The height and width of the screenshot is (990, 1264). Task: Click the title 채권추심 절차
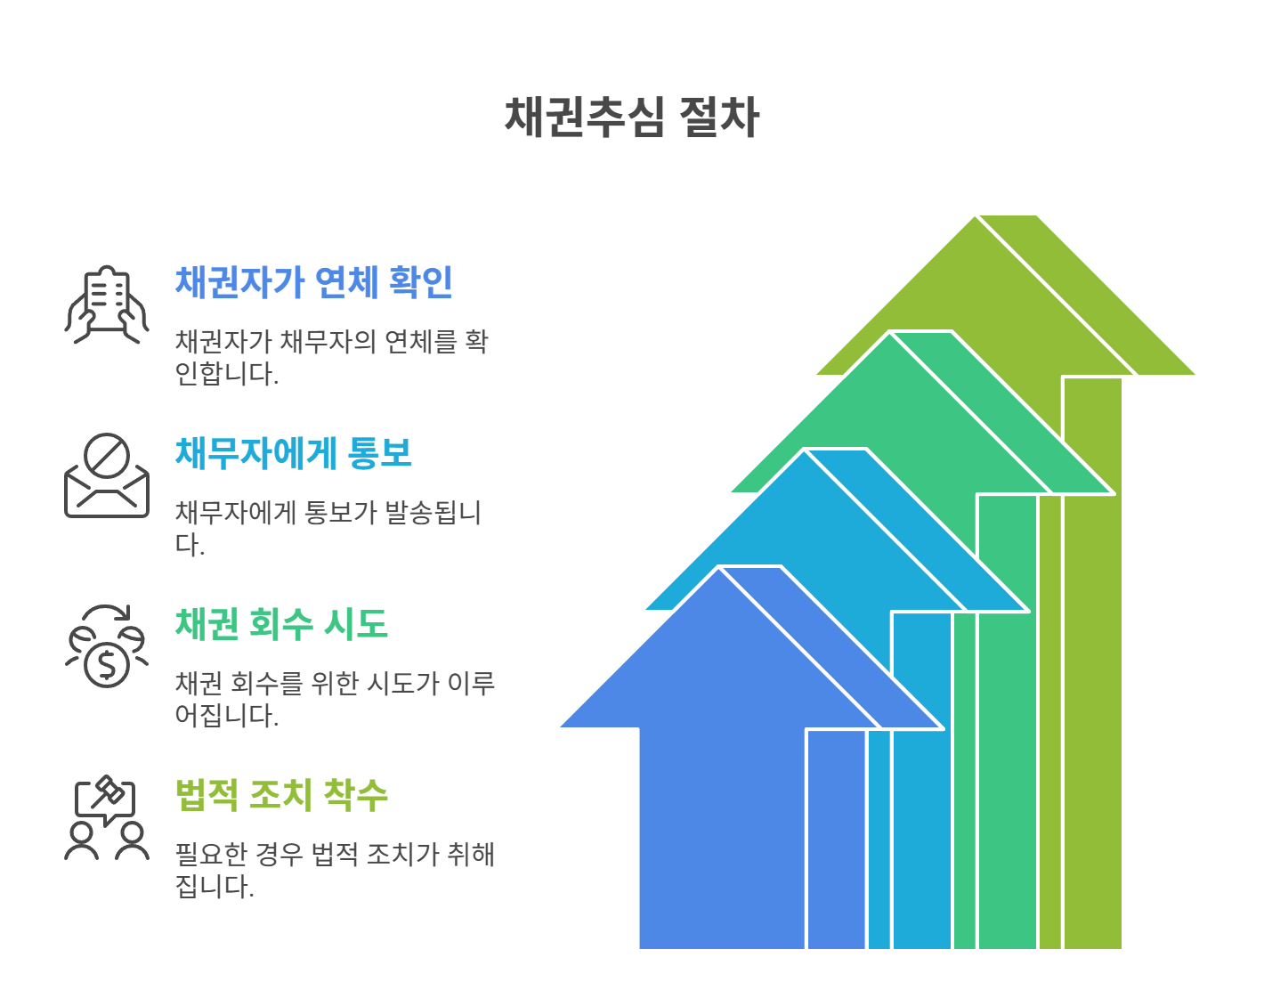(631, 117)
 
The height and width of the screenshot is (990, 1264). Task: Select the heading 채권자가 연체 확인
(314, 282)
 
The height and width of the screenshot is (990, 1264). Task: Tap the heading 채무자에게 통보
(294, 453)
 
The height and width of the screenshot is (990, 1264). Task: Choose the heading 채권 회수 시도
(281, 624)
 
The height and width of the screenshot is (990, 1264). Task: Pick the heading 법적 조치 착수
(281, 795)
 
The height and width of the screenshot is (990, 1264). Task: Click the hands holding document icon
(107, 304)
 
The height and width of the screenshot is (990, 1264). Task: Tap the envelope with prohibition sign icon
(107, 475)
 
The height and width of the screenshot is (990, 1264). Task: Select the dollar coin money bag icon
(107, 647)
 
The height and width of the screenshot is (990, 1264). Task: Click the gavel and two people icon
(107, 817)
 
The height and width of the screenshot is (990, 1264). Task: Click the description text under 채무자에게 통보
(328, 528)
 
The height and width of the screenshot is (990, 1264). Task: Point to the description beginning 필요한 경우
(335, 870)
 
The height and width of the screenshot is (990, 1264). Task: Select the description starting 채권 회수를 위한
(335, 699)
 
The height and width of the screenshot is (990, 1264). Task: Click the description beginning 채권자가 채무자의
(331, 357)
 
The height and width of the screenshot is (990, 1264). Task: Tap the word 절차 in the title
(718, 117)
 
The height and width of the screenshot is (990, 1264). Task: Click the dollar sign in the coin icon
(107, 665)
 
